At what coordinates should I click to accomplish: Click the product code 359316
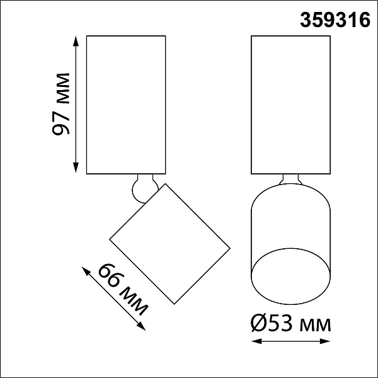(335, 20)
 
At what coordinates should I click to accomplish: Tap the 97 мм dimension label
(60, 104)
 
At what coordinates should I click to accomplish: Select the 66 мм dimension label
(123, 290)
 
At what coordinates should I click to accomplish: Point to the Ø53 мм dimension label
(290, 324)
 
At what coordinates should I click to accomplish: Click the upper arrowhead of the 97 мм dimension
(76, 41)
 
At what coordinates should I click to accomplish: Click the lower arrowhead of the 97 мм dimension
(76, 168)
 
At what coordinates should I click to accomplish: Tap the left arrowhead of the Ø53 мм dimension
(256, 341)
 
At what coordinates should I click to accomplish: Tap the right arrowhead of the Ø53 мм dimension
(324, 341)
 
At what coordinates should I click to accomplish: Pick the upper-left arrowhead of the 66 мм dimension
(86, 271)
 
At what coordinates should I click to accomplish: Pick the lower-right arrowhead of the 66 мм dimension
(141, 326)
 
